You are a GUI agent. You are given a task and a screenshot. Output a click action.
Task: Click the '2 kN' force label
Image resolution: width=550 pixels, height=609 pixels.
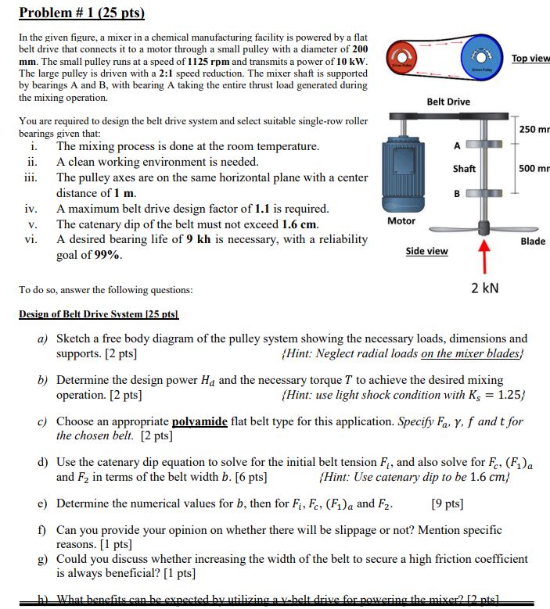(x=485, y=288)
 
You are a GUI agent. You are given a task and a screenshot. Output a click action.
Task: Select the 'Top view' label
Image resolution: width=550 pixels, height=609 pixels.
(x=530, y=59)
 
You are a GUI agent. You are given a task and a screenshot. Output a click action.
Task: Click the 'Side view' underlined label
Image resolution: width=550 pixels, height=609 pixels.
(x=426, y=251)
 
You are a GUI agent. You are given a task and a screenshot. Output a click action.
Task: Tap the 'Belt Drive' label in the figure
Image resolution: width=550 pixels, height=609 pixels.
(x=448, y=102)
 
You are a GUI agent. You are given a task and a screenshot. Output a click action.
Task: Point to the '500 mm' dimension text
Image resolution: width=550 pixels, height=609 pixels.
(x=534, y=168)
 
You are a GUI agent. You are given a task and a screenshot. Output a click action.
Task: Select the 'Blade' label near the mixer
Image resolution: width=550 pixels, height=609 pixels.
(x=532, y=241)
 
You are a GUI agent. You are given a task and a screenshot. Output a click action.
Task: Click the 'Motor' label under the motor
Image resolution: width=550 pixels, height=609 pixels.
(x=401, y=221)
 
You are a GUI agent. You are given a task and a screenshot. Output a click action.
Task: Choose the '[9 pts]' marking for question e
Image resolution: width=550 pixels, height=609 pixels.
(x=447, y=503)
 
